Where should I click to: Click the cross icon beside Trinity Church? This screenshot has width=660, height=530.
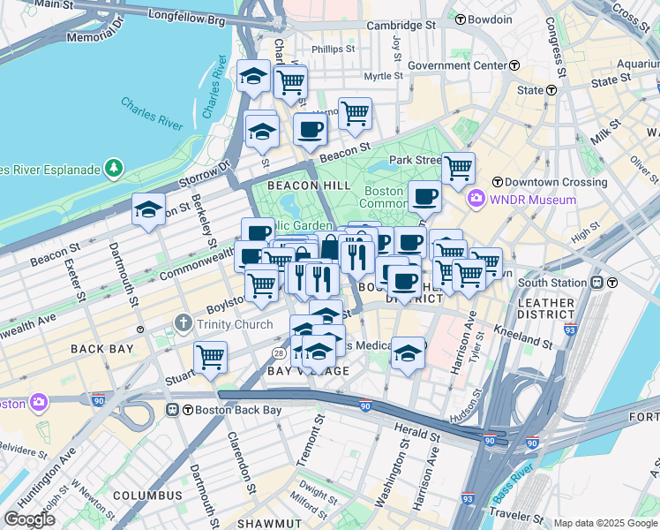tap(184, 324)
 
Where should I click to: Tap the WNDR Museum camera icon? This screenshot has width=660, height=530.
tap(477, 200)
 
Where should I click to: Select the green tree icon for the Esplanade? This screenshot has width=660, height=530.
tap(113, 168)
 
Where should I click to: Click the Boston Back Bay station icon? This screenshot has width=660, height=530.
tap(173, 410)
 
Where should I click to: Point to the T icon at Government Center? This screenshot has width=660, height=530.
tap(512, 65)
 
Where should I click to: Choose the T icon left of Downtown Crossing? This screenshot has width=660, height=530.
tap(497, 182)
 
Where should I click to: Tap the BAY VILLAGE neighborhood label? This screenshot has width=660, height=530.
tap(297, 372)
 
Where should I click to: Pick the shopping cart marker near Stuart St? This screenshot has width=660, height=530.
tap(211, 357)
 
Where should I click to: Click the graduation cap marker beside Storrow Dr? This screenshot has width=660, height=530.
tap(148, 210)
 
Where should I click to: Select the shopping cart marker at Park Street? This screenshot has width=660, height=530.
tap(458, 167)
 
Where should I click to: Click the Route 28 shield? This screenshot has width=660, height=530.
tap(278, 352)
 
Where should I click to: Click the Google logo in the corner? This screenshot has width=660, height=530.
tap(30, 519)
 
